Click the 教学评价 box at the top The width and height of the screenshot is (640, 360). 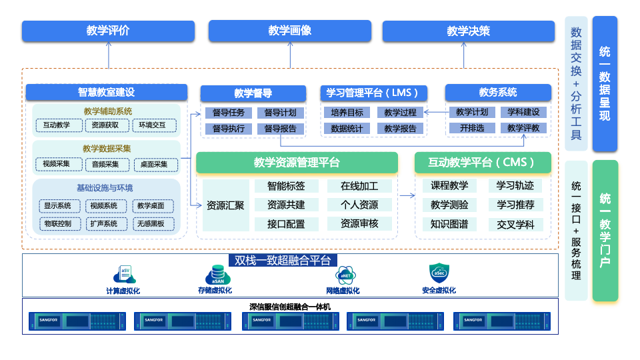(x=108, y=31)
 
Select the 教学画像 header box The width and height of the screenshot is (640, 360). (x=289, y=31)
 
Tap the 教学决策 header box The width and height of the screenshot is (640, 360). (x=468, y=31)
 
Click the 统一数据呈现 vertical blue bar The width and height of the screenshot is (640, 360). (x=605, y=83)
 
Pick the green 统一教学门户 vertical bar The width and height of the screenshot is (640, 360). (x=605, y=230)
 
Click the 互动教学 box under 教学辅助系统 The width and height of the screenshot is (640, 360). (x=57, y=125)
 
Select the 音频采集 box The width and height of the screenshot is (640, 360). (x=105, y=164)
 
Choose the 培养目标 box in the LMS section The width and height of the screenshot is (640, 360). (x=347, y=113)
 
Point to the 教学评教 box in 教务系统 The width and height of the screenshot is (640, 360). (x=523, y=128)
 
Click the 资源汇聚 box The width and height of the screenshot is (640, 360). (x=225, y=205)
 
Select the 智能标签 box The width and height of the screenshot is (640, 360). (x=286, y=186)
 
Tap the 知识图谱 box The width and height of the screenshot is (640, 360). (x=449, y=225)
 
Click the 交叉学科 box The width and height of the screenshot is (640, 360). (x=515, y=225)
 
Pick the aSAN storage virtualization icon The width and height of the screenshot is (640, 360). (x=218, y=275)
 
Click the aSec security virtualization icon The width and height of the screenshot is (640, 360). (x=439, y=273)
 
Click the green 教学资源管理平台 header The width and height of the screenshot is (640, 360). (x=297, y=163)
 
